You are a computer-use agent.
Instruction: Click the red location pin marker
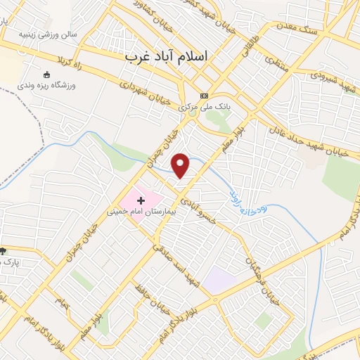tap(181, 165)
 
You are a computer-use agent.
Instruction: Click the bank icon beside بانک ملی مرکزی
tap(205, 96)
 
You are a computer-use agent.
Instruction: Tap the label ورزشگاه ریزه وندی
tap(46, 84)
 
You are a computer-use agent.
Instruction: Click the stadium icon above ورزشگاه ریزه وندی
tap(47, 75)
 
